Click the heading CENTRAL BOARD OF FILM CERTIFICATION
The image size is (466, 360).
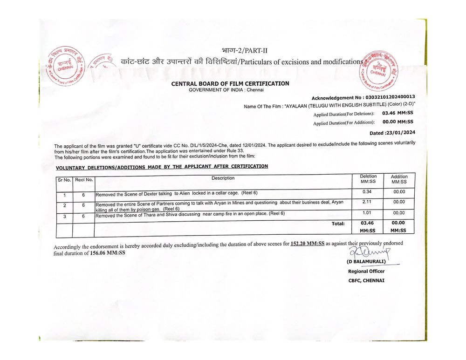[230, 84]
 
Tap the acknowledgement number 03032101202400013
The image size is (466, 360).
[390, 97]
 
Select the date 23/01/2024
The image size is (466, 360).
[399, 133]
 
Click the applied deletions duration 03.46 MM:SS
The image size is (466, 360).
[397, 113]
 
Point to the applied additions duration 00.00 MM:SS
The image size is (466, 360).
[397, 122]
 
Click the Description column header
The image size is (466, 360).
[223, 178]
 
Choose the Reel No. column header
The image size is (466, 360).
[84, 179]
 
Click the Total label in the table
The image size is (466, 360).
[338, 224]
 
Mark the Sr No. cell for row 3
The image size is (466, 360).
[65, 216]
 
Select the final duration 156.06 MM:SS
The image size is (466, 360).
[108, 253]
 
